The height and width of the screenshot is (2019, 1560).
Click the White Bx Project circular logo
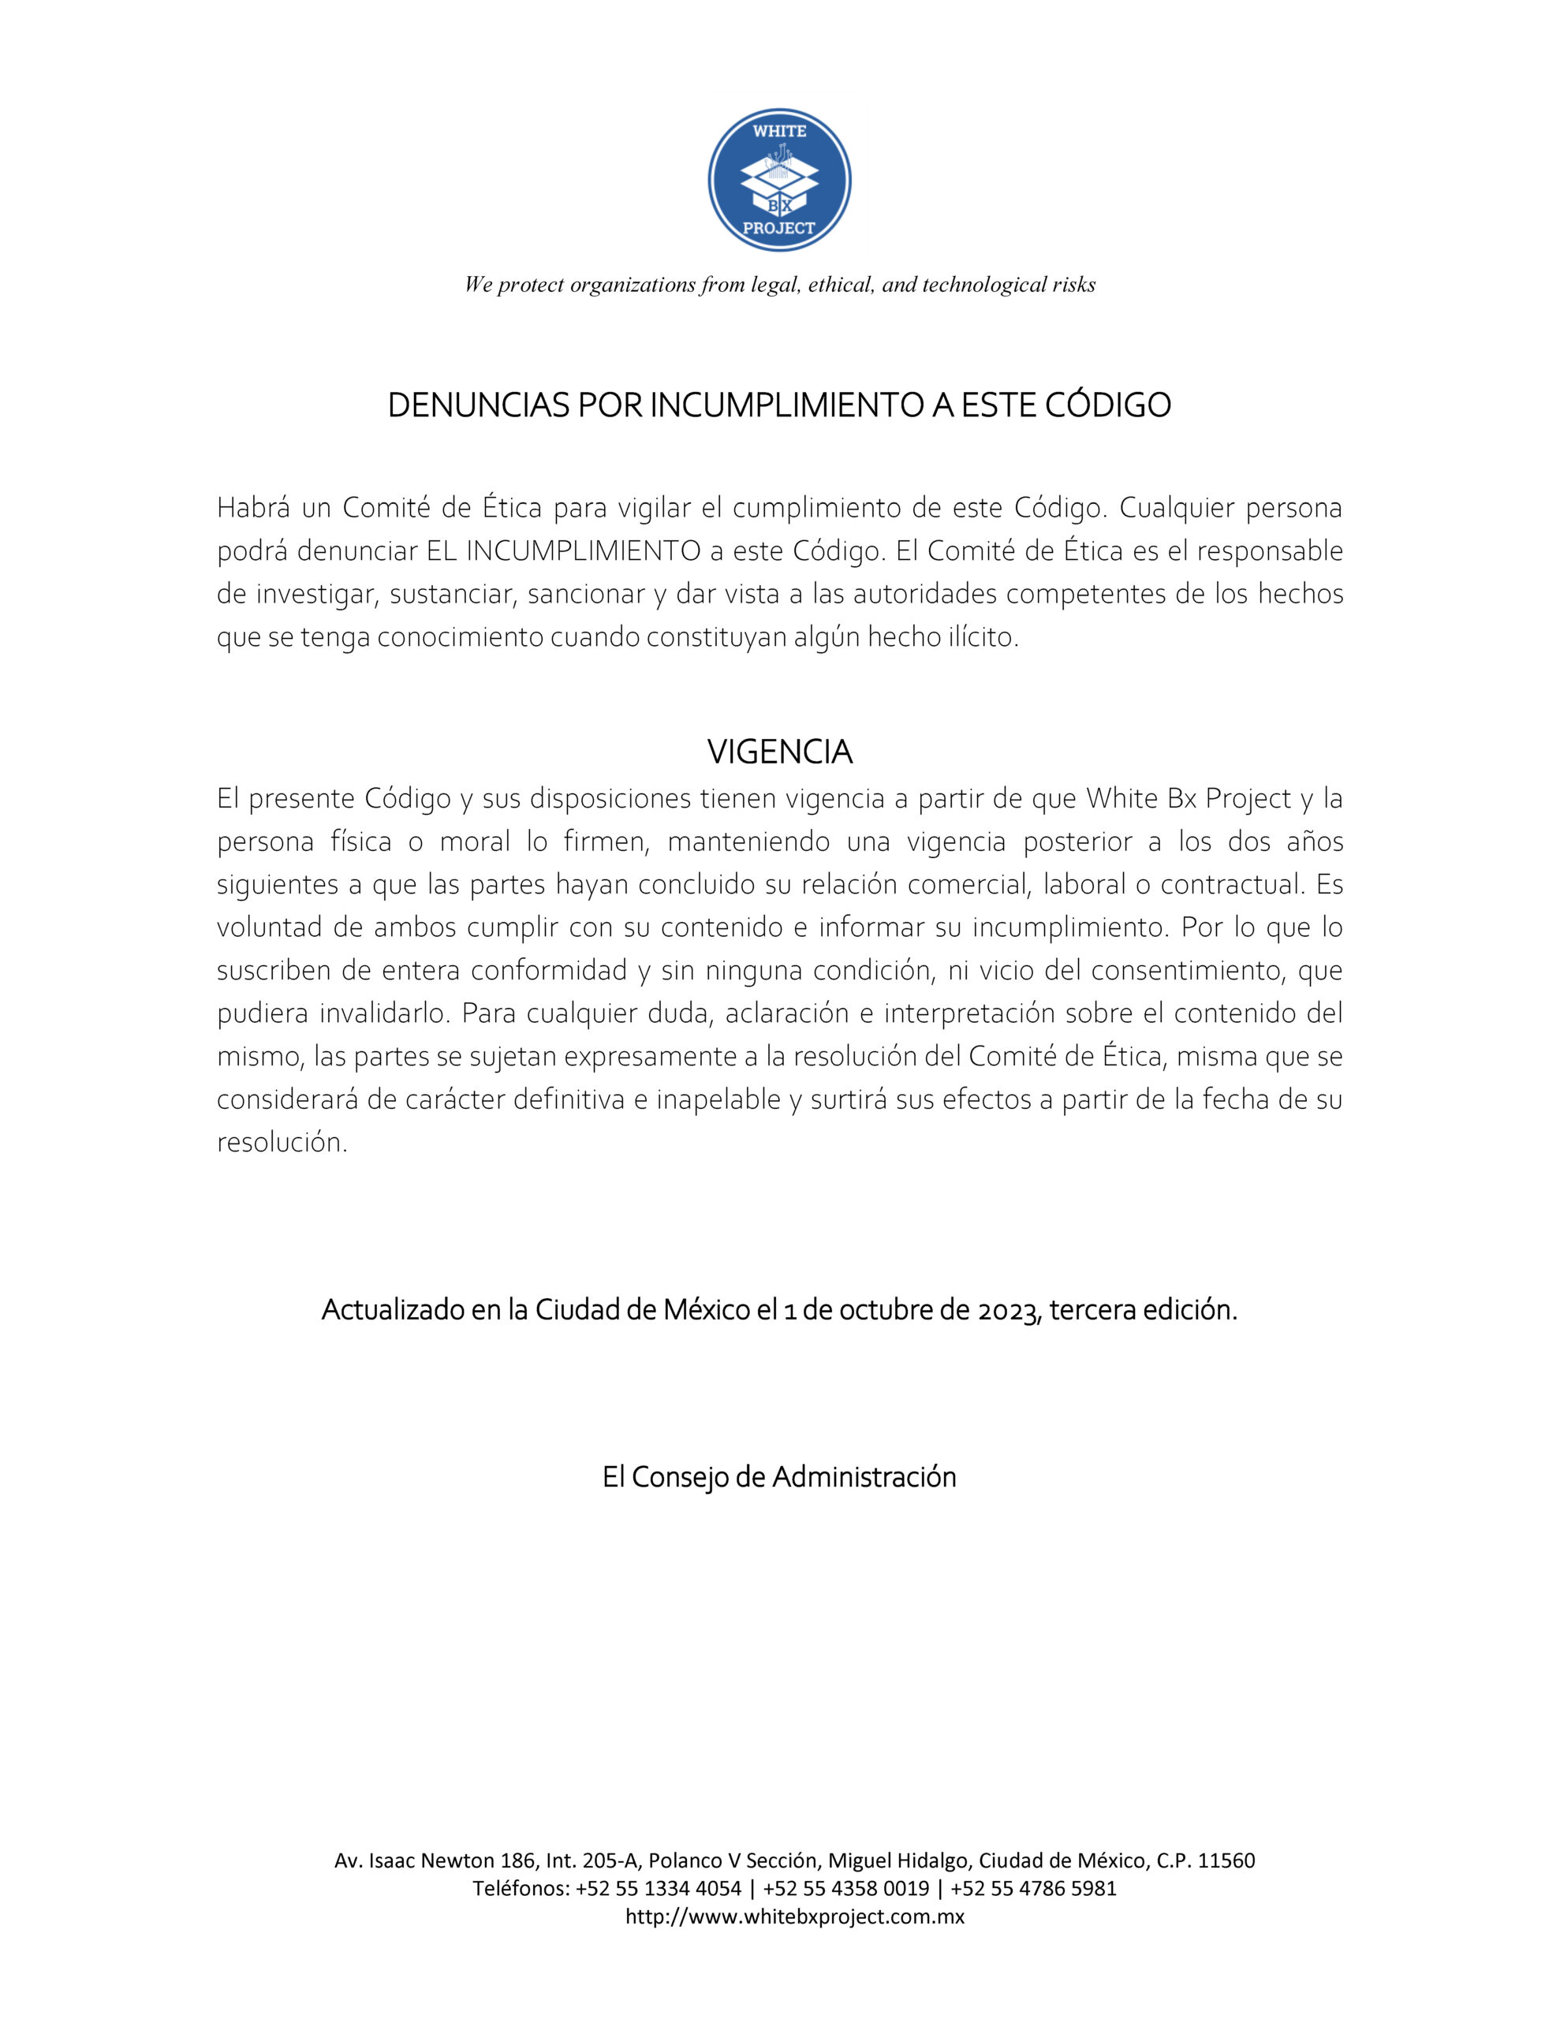pos(778,181)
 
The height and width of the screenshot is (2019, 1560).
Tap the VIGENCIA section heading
pos(779,752)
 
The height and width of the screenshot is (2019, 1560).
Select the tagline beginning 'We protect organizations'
pos(779,285)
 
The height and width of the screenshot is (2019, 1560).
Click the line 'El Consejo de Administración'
pos(778,1477)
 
